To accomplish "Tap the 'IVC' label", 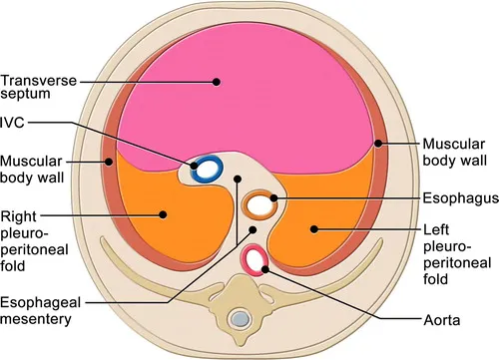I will (x=15, y=123).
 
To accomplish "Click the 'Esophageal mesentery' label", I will (x=42, y=311).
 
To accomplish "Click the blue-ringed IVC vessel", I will (x=207, y=170).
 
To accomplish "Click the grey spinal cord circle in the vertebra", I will (x=239, y=319).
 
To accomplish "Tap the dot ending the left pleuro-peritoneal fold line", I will (x=313, y=229).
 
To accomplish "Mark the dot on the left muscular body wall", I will (x=105, y=160).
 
